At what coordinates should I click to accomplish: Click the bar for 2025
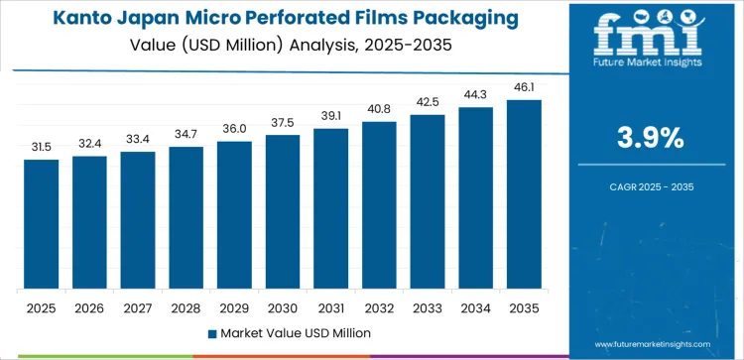tap(42, 224)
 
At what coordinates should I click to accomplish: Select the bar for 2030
tap(283, 212)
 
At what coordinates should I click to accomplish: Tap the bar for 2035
tap(524, 194)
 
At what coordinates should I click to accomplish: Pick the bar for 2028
tap(186, 218)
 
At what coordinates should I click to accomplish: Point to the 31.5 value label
tap(42, 147)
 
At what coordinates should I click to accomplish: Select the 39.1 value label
tap(331, 116)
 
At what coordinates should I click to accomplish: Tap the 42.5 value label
tap(428, 102)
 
